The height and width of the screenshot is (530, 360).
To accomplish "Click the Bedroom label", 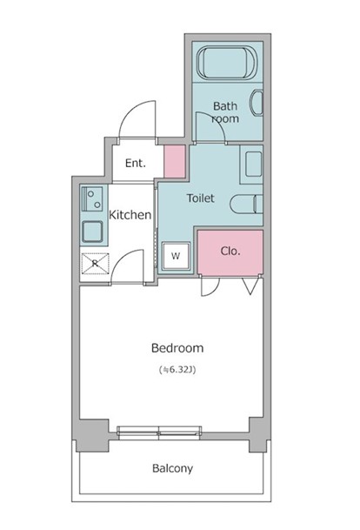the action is (x=177, y=348).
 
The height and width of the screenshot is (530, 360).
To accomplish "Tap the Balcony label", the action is (x=172, y=468).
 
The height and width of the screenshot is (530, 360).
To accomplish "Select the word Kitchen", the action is (x=130, y=215).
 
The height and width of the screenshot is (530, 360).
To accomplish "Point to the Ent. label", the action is (x=136, y=164).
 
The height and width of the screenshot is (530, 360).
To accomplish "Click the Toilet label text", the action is (x=201, y=198).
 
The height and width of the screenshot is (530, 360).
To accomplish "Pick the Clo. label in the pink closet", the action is (x=230, y=252).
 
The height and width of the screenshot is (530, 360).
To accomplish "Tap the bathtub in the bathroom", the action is (x=227, y=63).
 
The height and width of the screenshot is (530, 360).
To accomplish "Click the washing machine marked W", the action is (x=176, y=256).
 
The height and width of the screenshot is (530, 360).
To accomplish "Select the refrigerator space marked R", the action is (x=96, y=264).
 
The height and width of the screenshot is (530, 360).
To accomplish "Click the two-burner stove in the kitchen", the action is (x=92, y=198).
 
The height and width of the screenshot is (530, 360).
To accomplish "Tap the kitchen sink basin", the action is (x=92, y=231).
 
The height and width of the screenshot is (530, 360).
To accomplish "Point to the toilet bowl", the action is (x=247, y=205).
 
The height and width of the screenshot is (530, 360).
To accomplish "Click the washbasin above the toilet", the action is (x=254, y=164).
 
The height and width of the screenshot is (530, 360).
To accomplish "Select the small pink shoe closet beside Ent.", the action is (x=175, y=162).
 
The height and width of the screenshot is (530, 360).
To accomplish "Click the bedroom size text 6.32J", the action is (x=177, y=370).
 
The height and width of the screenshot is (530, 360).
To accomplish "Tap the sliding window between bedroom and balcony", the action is (x=159, y=433).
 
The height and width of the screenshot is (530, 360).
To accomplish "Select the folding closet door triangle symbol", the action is (x=250, y=286).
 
